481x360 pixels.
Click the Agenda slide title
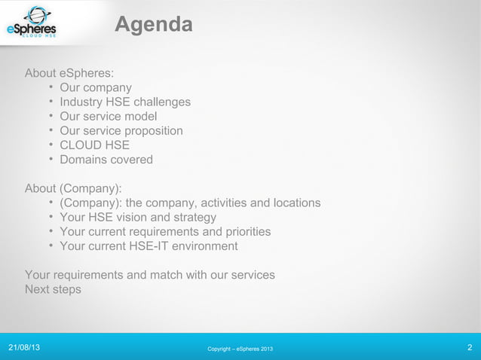(x=153, y=26)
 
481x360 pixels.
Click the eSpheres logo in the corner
(x=31, y=23)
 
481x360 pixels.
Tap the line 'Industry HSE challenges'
(x=125, y=102)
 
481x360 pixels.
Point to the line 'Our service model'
(x=109, y=117)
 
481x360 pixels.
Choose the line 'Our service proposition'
(x=121, y=131)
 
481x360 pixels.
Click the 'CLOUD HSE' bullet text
(x=95, y=145)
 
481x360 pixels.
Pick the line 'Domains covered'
(x=106, y=160)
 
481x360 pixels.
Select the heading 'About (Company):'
(x=74, y=188)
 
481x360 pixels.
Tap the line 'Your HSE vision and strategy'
(x=138, y=218)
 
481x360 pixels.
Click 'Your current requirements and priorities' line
(x=165, y=232)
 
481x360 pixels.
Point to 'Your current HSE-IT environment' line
(x=149, y=246)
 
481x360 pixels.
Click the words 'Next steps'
(x=53, y=289)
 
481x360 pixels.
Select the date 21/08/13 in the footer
(x=25, y=348)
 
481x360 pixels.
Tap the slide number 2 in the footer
(x=470, y=348)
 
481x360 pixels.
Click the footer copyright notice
(x=240, y=349)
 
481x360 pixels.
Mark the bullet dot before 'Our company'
(x=50, y=88)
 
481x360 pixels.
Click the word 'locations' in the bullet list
(x=295, y=203)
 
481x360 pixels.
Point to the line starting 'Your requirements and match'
(x=150, y=275)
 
